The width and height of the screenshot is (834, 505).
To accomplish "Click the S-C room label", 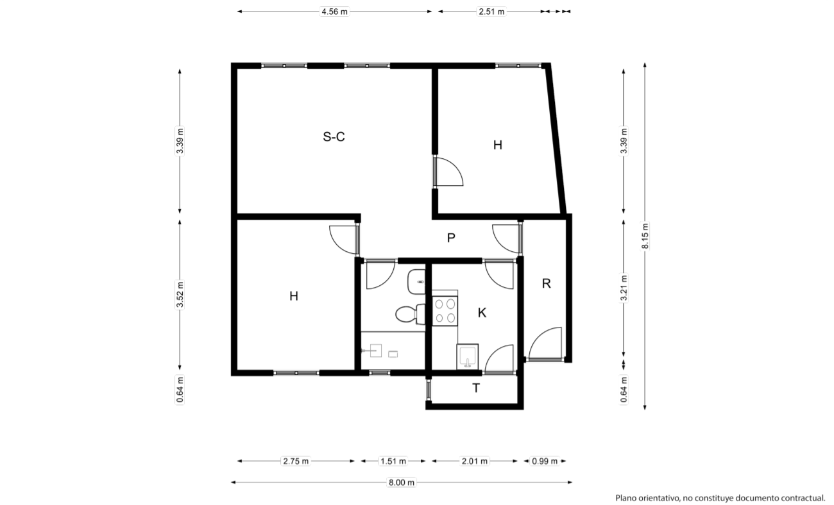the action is coord(334,137).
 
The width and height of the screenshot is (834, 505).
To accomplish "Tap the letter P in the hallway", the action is coord(451,238).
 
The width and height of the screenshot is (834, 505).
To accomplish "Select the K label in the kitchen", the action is coord(482,313).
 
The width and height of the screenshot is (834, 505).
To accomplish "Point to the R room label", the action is coord(546,284).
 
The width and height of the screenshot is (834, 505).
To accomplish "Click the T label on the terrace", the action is coord(476,388).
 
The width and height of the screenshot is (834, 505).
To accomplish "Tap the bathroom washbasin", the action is coord(416,282).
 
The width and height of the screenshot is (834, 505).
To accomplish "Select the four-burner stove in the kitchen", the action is coord(445,311).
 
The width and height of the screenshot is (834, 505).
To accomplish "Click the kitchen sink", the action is coord(467,356).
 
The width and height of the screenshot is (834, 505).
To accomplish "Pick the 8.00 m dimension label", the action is coord(402,483).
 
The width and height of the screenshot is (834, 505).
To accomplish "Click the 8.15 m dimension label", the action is coord(645,236).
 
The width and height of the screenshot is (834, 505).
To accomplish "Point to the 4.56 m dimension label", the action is coord(334,12).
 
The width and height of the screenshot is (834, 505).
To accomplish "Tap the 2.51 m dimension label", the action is coord(491,12).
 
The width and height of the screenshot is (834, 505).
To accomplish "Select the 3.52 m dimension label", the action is coord(180,295).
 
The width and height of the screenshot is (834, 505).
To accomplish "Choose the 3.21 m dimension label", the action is coord(624,288).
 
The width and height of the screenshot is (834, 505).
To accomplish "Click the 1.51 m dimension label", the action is coord(393,461).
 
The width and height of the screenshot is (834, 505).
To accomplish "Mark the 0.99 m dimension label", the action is coord(545,461).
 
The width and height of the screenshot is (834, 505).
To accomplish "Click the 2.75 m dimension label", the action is coord(296,461).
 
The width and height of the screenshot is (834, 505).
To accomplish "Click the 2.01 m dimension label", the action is coord(474,461).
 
